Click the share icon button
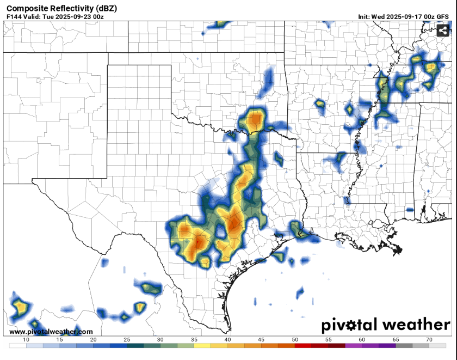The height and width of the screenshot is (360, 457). pyautogui.click(x=443, y=30)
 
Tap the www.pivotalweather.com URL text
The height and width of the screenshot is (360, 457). pyautogui.click(x=51, y=332)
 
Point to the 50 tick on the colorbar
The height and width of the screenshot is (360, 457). pyautogui.click(x=295, y=339)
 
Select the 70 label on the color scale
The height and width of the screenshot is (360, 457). pyautogui.click(x=429, y=339)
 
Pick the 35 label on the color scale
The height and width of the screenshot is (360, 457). pyautogui.click(x=194, y=339)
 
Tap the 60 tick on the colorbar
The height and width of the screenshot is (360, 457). pyautogui.click(x=362, y=339)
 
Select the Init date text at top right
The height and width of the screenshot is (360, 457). pyautogui.click(x=403, y=17)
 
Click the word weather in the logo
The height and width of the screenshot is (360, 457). pyautogui.click(x=417, y=325)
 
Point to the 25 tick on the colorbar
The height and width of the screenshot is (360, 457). pyautogui.click(x=127, y=339)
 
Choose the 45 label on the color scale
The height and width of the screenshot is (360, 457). pyautogui.click(x=261, y=339)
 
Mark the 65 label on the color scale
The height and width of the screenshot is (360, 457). pyautogui.click(x=396, y=339)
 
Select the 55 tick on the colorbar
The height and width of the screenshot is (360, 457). pyautogui.click(x=329, y=339)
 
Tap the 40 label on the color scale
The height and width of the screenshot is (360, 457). pyautogui.click(x=227, y=339)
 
